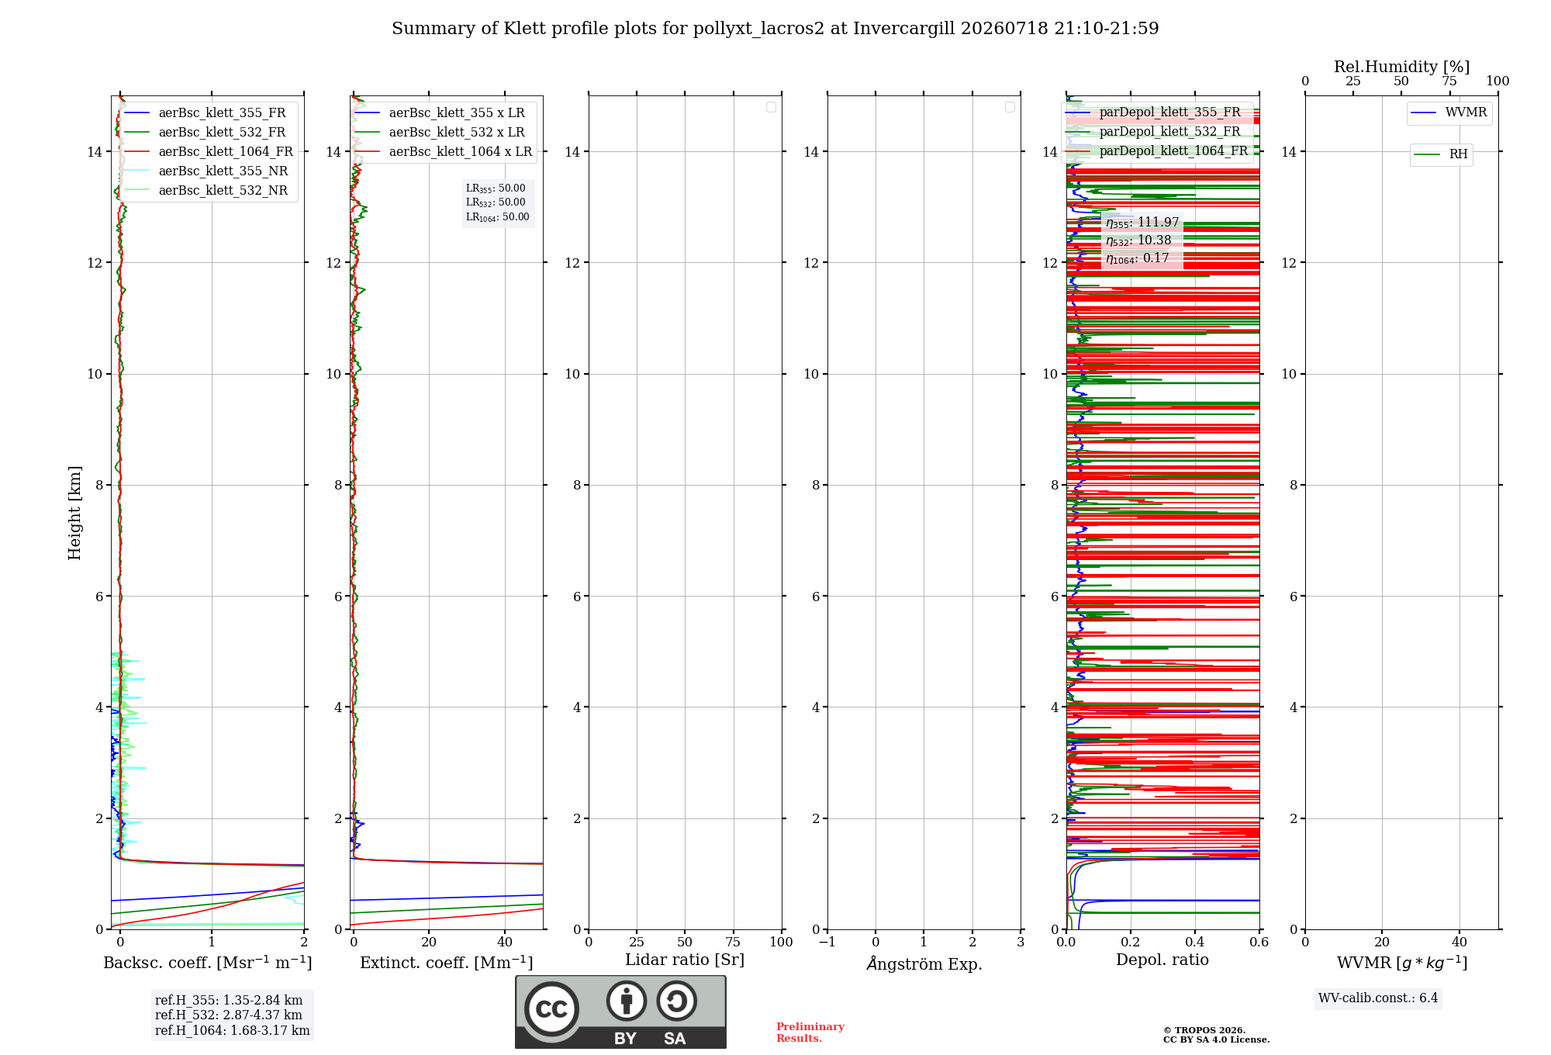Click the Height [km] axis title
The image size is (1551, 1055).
pyautogui.click(x=74, y=513)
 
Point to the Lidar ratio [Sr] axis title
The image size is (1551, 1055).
pyautogui.click(x=685, y=960)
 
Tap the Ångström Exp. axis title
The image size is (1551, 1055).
pyautogui.click(x=924, y=963)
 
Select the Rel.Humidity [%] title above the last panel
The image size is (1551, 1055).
pyautogui.click(x=1401, y=67)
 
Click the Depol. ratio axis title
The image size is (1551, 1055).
pyautogui.click(x=1162, y=960)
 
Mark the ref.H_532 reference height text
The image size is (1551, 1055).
pyautogui.click(x=229, y=1015)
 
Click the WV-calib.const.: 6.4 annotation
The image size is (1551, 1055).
pyautogui.click(x=1378, y=998)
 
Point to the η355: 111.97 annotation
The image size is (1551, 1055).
pyautogui.click(x=1142, y=223)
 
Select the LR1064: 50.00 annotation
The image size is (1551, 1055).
pyautogui.click(x=497, y=217)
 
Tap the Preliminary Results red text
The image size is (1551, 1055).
pyautogui.click(x=810, y=1033)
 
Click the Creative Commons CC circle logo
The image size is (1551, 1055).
pyautogui.click(x=551, y=1009)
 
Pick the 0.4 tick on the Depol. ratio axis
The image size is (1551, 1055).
pyautogui.click(x=1195, y=943)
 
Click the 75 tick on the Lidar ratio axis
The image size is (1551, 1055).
pyautogui.click(x=733, y=943)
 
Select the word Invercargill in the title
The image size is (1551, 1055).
pyautogui.click(x=904, y=29)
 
